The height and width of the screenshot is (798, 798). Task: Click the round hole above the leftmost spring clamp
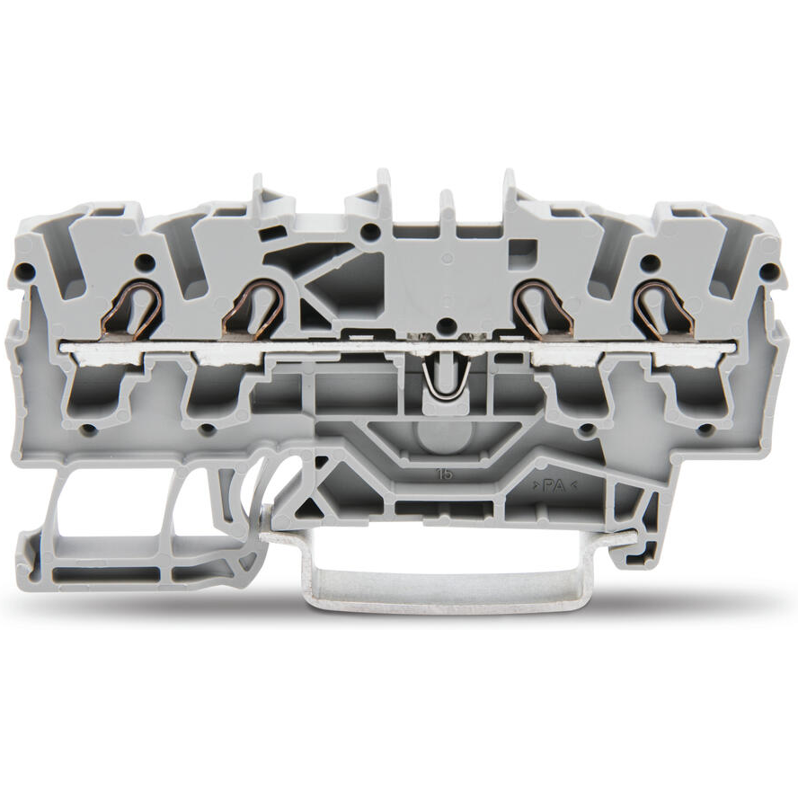tap(142, 262)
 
